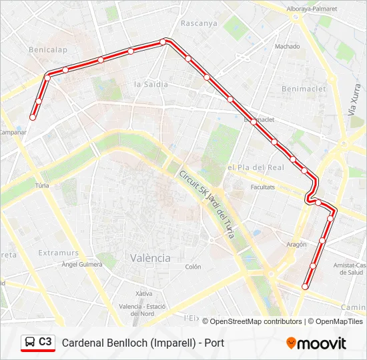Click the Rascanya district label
(x=199, y=23)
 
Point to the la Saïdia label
(x=151, y=85)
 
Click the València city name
(x=150, y=257)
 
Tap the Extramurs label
(x=59, y=253)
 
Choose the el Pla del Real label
(x=256, y=167)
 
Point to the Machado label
(x=287, y=47)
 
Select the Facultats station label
(x=262, y=187)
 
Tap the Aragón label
(x=296, y=245)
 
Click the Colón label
(x=193, y=267)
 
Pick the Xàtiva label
(x=143, y=293)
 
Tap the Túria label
(x=42, y=186)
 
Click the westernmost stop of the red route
(x=32, y=117)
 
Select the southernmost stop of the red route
(x=305, y=287)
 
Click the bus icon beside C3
(x=30, y=343)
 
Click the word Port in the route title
(x=214, y=343)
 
